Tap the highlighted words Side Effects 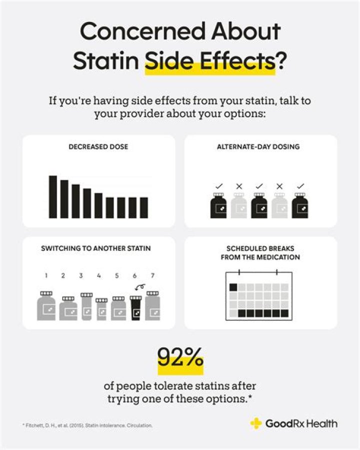point(209,62)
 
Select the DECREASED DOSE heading point(98,147)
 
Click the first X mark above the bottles point(239,187)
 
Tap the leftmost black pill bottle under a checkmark point(219,206)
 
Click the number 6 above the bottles point(134,275)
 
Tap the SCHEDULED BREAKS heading point(260,253)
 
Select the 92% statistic point(180,358)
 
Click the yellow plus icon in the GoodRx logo point(255,423)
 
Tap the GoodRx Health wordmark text point(301,424)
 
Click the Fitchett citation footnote point(87,425)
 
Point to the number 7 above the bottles point(152,275)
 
